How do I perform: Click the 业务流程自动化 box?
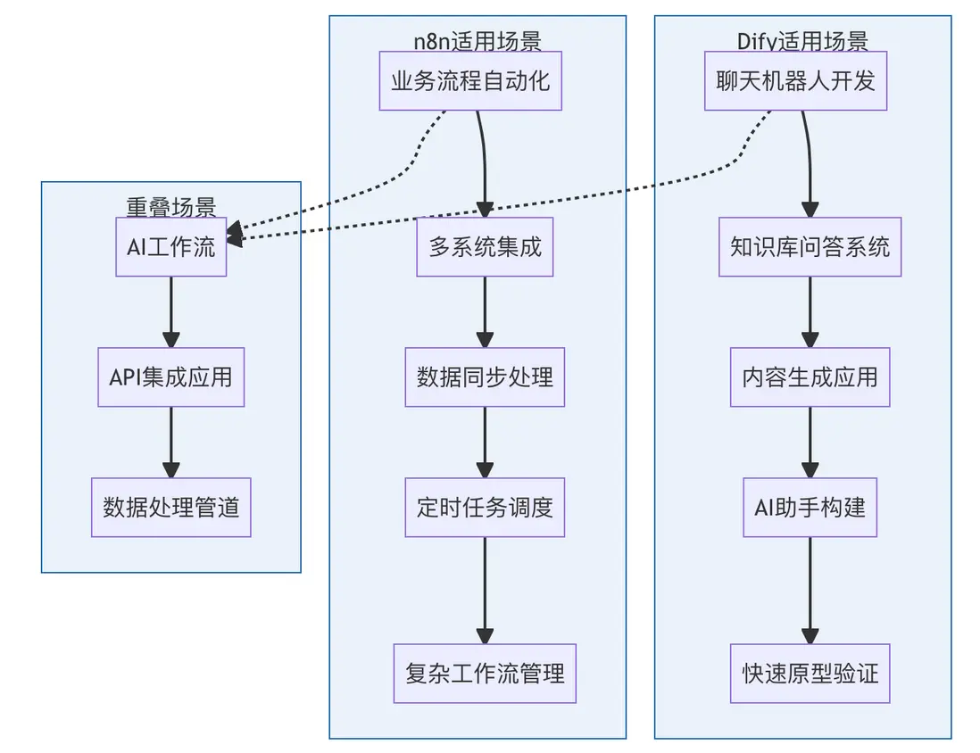click(x=470, y=81)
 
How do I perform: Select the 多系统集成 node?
click(x=485, y=247)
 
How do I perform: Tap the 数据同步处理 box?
click(x=485, y=377)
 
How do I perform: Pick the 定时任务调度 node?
click(x=485, y=508)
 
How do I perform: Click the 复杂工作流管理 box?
click(x=485, y=673)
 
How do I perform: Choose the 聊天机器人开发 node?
click(x=795, y=81)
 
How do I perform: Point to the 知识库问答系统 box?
click(x=810, y=247)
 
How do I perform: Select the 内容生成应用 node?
click(x=810, y=377)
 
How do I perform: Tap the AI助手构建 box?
click(x=810, y=508)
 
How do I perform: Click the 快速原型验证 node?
click(x=810, y=673)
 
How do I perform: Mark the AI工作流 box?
click(x=171, y=247)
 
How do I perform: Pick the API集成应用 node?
click(x=171, y=377)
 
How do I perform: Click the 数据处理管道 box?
click(x=171, y=508)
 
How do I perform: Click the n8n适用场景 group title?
click(x=478, y=41)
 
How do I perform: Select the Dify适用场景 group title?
click(x=802, y=41)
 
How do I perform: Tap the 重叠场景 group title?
click(x=171, y=207)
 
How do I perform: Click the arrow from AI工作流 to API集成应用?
click(x=171, y=312)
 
